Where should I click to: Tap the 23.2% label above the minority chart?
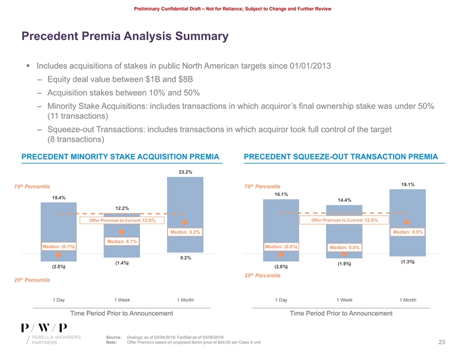[185, 172]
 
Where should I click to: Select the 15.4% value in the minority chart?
[59, 198]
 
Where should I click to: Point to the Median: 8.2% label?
[185, 232]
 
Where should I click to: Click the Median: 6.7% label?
[122, 242]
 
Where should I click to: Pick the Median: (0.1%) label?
[58, 246]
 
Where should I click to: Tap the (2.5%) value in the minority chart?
[58, 267]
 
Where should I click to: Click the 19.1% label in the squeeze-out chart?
[408, 185]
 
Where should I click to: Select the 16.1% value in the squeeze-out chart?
[281, 194]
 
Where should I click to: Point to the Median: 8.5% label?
[408, 232]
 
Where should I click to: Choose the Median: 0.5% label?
[345, 247]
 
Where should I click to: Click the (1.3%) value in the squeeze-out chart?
[408, 261]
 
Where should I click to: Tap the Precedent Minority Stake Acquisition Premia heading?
[120, 156]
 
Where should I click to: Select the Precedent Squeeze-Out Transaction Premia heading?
[341, 156]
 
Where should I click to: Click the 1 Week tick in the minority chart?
[122, 300]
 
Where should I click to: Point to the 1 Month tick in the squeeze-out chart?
[408, 300]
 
